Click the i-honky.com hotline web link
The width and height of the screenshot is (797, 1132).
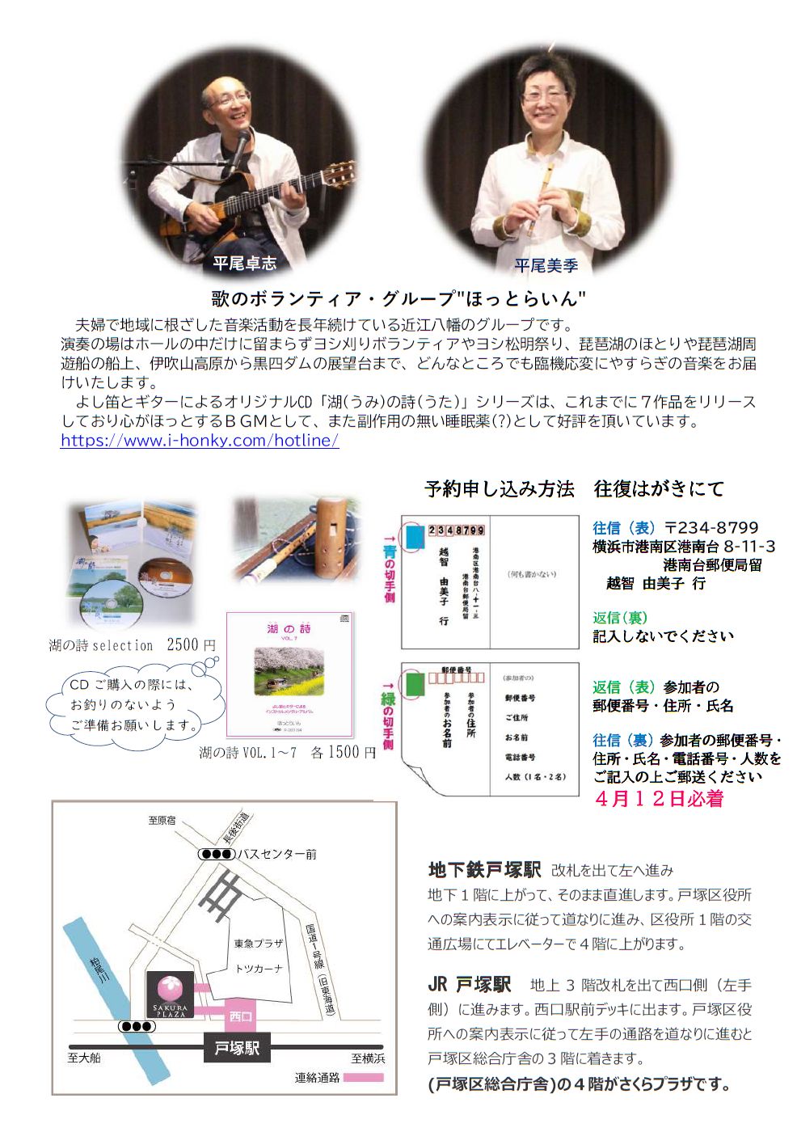(x=200, y=441)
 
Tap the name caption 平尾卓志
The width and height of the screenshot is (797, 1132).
(x=244, y=264)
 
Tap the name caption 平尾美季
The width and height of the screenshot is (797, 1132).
(x=546, y=264)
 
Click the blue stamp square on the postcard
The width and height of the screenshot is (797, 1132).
(x=415, y=537)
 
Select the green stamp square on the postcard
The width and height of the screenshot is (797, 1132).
(x=414, y=684)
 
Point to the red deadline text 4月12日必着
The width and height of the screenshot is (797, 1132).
(x=659, y=799)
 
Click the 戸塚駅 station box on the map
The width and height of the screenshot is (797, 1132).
(x=237, y=1048)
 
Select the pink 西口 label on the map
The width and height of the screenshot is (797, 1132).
(x=241, y=1016)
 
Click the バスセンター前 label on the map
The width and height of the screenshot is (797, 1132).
(x=277, y=854)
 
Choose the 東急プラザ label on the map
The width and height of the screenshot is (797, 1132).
(x=259, y=944)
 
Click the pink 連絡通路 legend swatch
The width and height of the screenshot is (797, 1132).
(x=363, y=1078)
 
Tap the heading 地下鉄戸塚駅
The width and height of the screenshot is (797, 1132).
(x=484, y=870)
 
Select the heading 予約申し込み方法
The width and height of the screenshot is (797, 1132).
(x=499, y=488)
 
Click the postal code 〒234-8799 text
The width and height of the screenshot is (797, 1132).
(x=711, y=528)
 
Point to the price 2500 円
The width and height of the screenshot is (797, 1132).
(x=192, y=645)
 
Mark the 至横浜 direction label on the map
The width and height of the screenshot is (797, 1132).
(x=368, y=1058)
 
